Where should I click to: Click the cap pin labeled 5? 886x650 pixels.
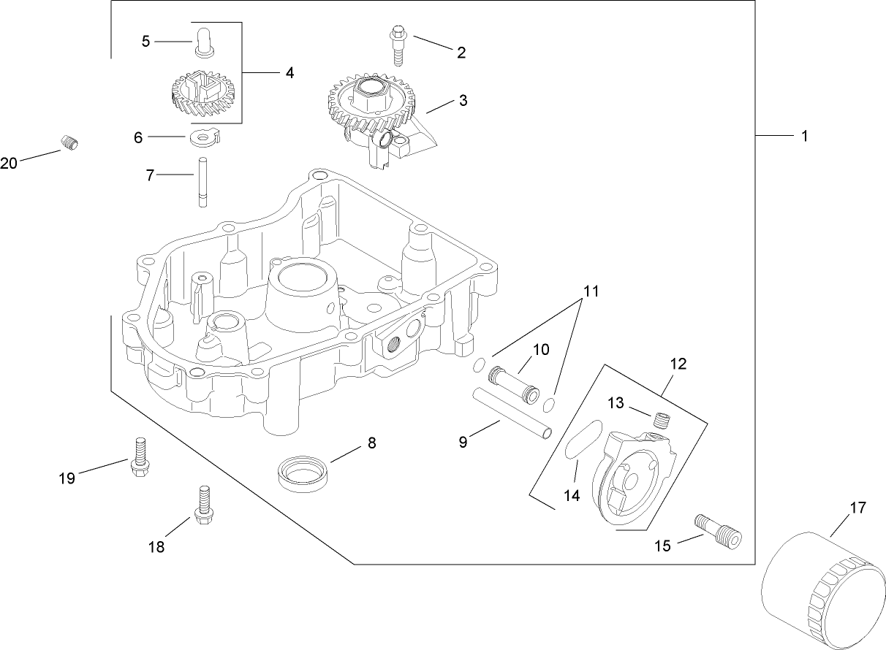204,41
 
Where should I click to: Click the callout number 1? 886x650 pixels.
804,136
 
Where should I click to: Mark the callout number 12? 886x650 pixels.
678,363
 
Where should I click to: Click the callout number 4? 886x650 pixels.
289,73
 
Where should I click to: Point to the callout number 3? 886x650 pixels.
463,101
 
